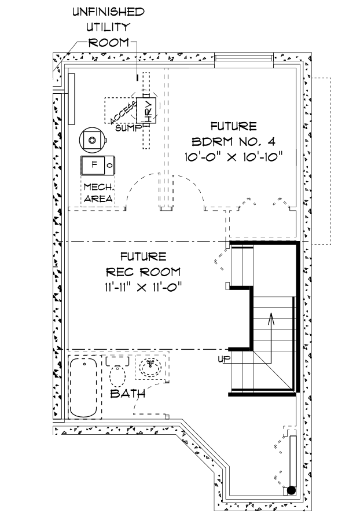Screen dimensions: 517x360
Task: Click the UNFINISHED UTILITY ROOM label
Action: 108,27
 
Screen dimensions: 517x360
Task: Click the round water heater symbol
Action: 92,139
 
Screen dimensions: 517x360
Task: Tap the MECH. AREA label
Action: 98,193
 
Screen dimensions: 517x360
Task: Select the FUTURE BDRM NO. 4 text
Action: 233,133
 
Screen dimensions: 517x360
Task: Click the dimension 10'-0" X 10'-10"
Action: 233,156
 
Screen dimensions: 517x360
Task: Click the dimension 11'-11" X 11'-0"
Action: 143,285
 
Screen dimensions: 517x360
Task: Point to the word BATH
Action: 127,394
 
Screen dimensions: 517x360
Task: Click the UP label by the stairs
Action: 223,360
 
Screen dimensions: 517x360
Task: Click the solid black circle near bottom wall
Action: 291,490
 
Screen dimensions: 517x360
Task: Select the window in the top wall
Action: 243,60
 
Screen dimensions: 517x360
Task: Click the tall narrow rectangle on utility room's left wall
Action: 71,98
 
